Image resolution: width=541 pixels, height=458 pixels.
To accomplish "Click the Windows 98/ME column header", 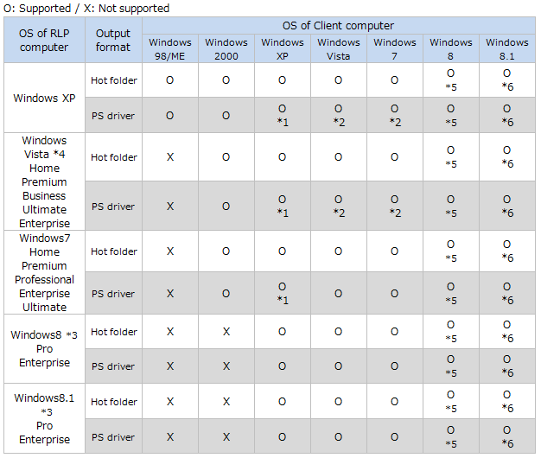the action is pyautogui.click(x=170, y=49).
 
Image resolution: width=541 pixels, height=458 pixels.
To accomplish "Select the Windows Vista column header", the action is pyautogui.click(x=339, y=49).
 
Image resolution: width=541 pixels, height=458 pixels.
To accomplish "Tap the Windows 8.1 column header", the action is pyautogui.click(x=507, y=49).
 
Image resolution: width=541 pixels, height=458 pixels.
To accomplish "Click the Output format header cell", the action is pyautogui.click(x=113, y=40).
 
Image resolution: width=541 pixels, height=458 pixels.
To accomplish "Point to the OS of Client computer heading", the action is pyautogui.click(x=338, y=26).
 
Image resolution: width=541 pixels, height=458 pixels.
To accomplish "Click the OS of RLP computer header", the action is pyautogui.click(x=44, y=40).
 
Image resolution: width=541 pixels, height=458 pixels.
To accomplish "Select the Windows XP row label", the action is pyautogui.click(x=44, y=98).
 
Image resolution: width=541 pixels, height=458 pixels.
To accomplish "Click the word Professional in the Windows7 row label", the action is pyautogui.click(x=45, y=279).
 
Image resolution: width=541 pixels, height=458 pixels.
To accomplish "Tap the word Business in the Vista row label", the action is pyautogui.click(x=44, y=195).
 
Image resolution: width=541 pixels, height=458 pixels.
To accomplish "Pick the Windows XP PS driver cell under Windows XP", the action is pyautogui.click(x=283, y=115).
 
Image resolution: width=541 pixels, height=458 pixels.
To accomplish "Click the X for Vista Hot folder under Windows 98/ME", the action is pyautogui.click(x=170, y=157).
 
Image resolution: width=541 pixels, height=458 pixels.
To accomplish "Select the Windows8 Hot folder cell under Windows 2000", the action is pyautogui.click(x=226, y=332).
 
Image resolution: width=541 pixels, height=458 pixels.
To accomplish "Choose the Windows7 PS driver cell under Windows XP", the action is pyautogui.click(x=283, y=293).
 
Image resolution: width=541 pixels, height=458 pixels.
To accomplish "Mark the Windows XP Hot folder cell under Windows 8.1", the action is pyautogui.click(x=507, y=80).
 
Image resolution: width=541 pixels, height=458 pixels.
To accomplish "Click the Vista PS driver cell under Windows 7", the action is pyautogui.click(x=395, y=206).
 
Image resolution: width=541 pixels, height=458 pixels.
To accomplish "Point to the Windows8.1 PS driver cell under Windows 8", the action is pyautogui.click(x=451, y=436).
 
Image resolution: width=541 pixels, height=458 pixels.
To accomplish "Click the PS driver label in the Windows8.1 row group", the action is pyautogui.click(x=113, y=437).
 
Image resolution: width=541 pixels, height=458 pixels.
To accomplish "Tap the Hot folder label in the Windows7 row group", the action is pyautogui.click(x=114, y=251).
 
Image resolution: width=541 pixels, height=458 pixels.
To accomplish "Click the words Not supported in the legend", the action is pyautogui.click(x=134, y=9).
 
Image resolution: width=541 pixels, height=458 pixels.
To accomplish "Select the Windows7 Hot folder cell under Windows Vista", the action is pyautogui.click(x=339, y=251).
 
